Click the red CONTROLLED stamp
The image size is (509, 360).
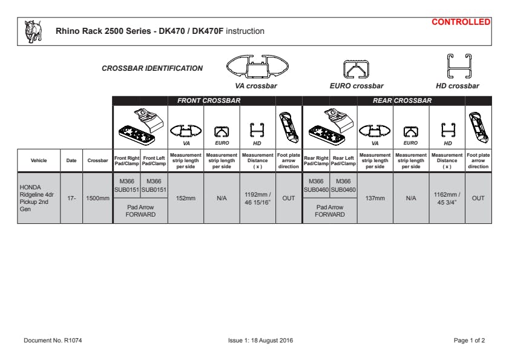[x=461, y=22]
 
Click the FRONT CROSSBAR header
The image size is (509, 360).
[x=208, y=100]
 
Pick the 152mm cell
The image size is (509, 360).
[x=185, y=198]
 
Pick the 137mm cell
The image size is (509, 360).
[x=375, y=198]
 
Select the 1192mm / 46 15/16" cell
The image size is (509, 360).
[x=257, y=198]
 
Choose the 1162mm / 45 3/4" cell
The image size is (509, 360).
[x=447, y=198]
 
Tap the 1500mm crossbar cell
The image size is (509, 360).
[x=97, y=198]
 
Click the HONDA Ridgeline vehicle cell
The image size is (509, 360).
[x=38, y=197]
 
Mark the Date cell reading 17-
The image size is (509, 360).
[x=71, y=198]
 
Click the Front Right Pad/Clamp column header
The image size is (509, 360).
[x=127, y=160]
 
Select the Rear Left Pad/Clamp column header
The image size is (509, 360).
[x=343, y=160]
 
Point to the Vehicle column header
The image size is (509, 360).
[x=38, y=160]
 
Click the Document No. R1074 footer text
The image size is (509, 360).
[x=53, y=341]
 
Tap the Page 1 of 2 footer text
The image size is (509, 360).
[x=469, y=341]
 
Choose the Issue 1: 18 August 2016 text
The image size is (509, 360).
[x=256, y=341]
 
